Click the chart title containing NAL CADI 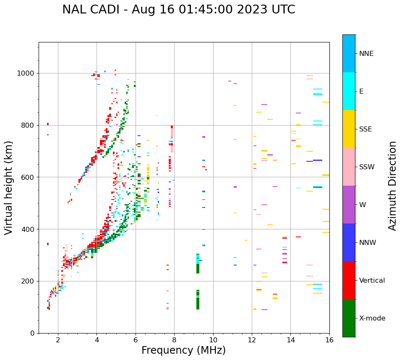[178, 10]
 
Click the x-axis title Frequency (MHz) [183, 350]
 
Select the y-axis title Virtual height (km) [9, 187]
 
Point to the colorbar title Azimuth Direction [392, 186]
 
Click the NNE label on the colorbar [366, 54]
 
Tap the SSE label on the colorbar [365, 129]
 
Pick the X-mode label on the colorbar [372, 318]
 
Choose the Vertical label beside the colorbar [372, 281]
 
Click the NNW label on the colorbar [367, 243]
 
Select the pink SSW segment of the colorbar [349, 167]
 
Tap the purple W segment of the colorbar [349, 205]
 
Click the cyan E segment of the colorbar [349, 91]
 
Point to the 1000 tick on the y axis [26, 74]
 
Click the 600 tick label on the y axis [28, 177]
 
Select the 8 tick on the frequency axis [174, 340]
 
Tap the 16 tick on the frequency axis [329, 340]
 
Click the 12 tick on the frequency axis [252, 340]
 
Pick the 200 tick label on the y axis [28, 281]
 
